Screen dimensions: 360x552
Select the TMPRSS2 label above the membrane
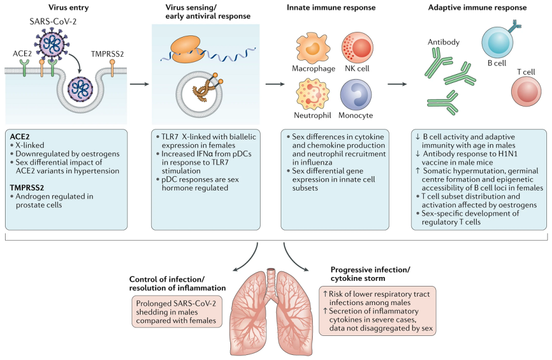tap(107, 54)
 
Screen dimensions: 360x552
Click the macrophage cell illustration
tap(312, 46)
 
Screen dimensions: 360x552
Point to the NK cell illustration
tap(356, 47)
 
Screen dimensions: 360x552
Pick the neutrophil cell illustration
tap(312, 94)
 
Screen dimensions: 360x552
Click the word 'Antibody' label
tap(443, 42)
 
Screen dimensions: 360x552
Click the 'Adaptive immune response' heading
tap(477, 8)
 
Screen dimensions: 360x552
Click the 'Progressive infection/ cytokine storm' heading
tap(370, 274)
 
